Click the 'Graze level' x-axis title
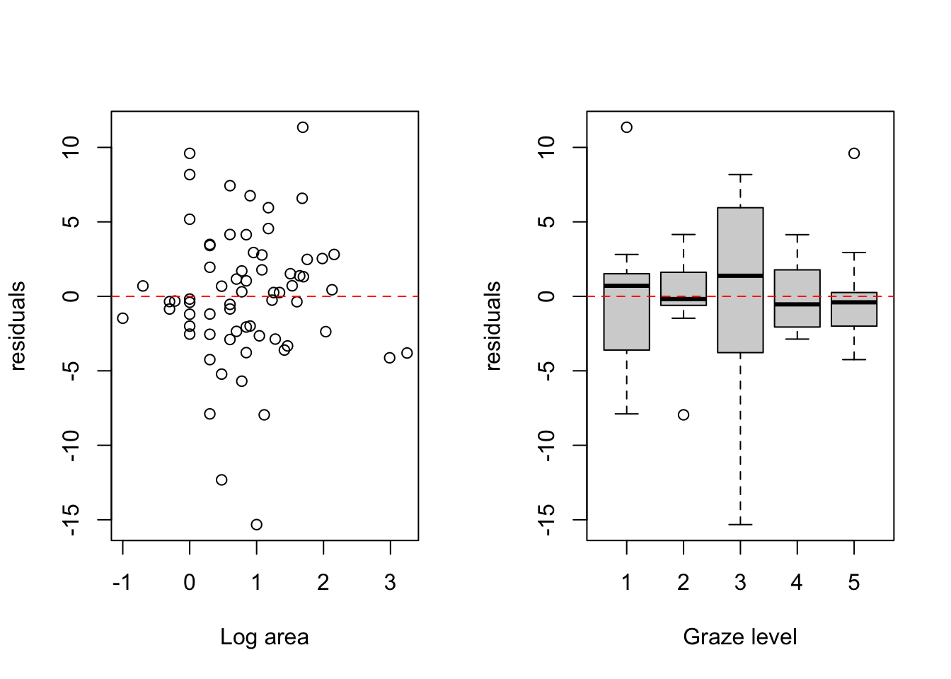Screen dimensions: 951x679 (x=740, y=637)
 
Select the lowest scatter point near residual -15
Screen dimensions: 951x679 (x=256, y=525)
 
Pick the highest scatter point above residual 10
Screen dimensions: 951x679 (x=302, y=127)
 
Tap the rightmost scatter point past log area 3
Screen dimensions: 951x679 (x=407, y=353)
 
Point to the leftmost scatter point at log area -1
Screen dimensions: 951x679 (x=122, y=318)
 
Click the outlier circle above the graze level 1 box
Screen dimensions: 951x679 (x=627, y=127)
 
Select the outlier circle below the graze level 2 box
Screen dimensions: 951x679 (x=684, y=414)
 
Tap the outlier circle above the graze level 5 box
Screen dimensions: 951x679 (x=854, y=153)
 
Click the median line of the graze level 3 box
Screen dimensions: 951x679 (x=740, y=276)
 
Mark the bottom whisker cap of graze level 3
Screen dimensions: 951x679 (x=740, y=525)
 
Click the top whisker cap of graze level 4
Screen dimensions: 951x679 (x=797, y=234)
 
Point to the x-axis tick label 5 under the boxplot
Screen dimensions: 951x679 (x=854, y=583)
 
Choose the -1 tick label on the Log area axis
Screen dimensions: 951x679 (x=122, y=583)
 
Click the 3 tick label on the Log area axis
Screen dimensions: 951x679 (x=390, y=583)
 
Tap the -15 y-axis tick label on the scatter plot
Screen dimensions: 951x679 (x=71, y=519)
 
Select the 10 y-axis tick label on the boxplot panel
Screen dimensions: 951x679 (x=546, y=147)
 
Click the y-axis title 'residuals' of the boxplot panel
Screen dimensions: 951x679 (x=492, y=325)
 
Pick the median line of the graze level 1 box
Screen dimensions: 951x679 (x=627, y=286)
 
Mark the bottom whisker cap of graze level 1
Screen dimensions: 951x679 (x=627, y=413)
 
